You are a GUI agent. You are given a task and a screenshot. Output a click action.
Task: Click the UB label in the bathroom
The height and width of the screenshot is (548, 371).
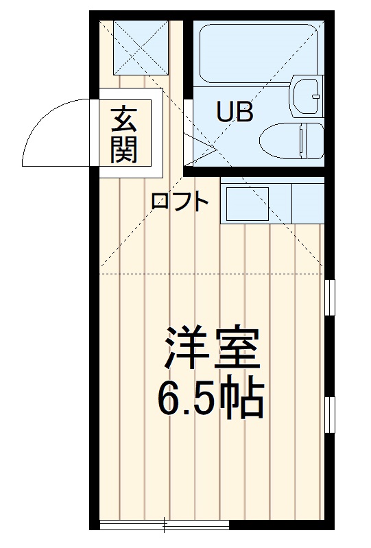(x=235, y=111)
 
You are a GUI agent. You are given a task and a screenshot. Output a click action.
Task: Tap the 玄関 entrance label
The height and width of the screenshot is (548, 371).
(x=124, y=134)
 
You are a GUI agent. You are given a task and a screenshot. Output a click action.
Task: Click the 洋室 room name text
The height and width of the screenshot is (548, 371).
(x=211, y=350)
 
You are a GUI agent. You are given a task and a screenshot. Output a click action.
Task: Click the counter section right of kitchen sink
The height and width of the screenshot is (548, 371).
(x=307, y=201)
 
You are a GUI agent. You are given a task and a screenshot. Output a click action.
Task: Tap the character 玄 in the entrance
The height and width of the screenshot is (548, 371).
(x=124, y=119)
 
